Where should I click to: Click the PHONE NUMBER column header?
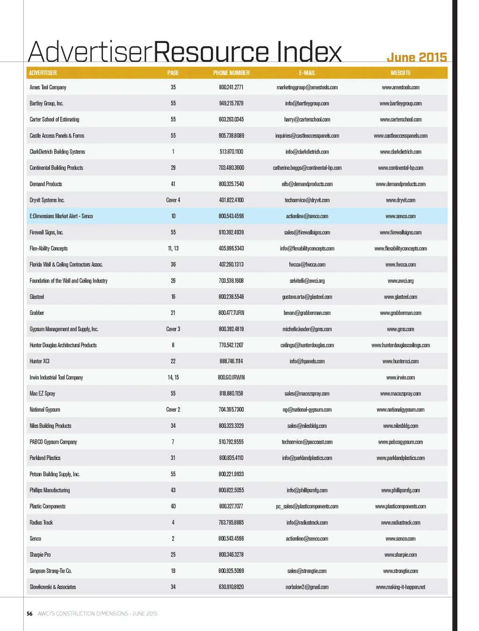point(231,73)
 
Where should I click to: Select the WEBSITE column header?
point(400,73)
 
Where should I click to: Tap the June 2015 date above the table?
point(416,58)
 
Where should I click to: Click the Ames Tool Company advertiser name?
point(48,87)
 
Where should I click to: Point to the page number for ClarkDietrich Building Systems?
point(173,152)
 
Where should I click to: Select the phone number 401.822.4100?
point(231,200)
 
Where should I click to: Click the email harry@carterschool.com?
point(307,120)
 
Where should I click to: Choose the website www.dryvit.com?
point(400,200)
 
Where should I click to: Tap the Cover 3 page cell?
point(173,329)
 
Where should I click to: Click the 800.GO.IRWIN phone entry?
point(231,377)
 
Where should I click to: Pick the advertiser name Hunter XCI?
point(39,362)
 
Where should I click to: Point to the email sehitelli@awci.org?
point(307,281)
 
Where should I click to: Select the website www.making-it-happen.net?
point(400,587)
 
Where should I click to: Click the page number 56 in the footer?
point(29,614)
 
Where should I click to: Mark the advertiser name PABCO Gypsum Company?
point(53,442)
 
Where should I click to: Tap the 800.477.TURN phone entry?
point(231,313)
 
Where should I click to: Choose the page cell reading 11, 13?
point(173,249)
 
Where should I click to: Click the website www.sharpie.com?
point(400,555)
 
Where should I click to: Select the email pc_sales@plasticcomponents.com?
point(307,507)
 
